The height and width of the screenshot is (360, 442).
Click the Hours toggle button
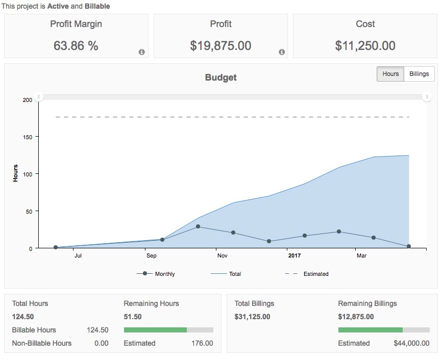[x=390, y=74]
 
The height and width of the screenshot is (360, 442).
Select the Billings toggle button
[x=419, y=74]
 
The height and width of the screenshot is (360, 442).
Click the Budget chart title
[x=220, y=78]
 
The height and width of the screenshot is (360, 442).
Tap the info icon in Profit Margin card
[x=142, y=52]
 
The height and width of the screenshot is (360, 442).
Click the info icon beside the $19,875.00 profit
[x=282, y=52]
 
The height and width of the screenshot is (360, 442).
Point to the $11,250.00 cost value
[x=365, y=46]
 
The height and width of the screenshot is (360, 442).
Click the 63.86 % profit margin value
[x=76, y=46]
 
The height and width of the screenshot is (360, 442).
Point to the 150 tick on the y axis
[x=27, y=137]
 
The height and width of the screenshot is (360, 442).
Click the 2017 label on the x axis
[x=294, y=255]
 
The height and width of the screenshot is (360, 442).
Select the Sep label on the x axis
[x=151, y=255]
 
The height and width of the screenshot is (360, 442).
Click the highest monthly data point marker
[x=198, y=226]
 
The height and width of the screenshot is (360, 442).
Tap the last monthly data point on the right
[x=409, y=246]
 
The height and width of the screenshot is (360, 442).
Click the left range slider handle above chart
[x=39, y=97]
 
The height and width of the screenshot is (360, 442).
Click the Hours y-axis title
[x=15, y=173]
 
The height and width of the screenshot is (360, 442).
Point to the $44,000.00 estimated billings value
[x=411, y=343]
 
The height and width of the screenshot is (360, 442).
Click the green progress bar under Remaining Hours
[x=156, y=330]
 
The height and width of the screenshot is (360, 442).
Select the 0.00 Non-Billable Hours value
[x=101, y=343]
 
